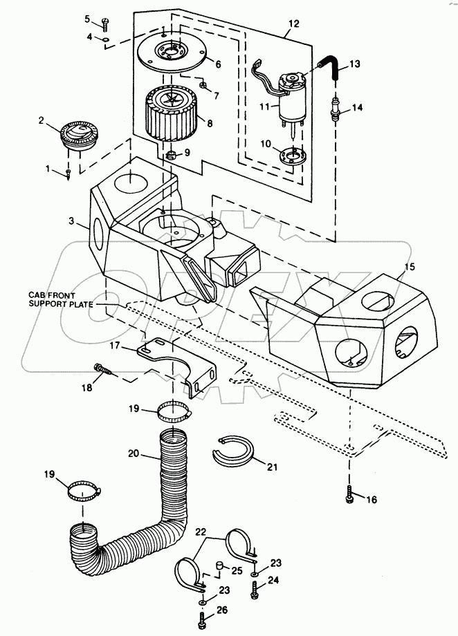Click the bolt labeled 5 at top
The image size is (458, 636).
104,22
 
